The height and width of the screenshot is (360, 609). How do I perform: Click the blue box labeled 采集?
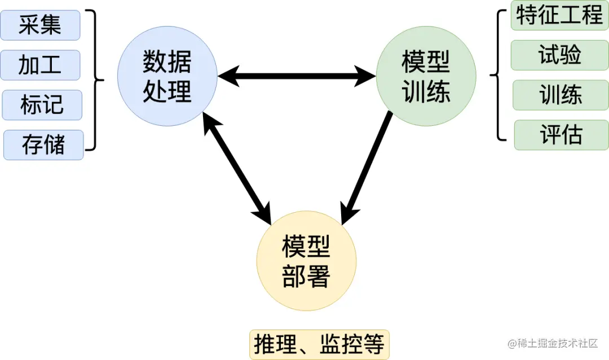point(40,25)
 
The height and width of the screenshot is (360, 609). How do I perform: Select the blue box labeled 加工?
point(40,65)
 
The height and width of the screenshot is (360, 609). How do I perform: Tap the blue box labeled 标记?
point(42,105)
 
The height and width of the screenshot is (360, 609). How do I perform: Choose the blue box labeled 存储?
point(43,145)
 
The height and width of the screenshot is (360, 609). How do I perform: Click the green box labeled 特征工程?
point(559,15)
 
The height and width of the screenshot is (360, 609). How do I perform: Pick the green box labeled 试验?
point(559,55)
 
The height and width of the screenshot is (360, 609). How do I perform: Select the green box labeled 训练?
point(561,95)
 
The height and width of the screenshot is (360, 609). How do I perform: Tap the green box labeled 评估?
point(561,135)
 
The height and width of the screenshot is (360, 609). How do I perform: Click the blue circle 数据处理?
point(167,76)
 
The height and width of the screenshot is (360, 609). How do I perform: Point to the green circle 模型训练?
point(426,76)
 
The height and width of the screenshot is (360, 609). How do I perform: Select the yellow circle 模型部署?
point(306,261)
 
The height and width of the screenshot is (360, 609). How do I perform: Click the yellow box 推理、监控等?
point(319,344)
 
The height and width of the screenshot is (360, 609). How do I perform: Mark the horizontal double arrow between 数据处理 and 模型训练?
point(297,75)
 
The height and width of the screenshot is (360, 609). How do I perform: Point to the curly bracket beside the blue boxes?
point(97,80)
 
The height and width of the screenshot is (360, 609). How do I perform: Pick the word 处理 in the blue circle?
point(167,91)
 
